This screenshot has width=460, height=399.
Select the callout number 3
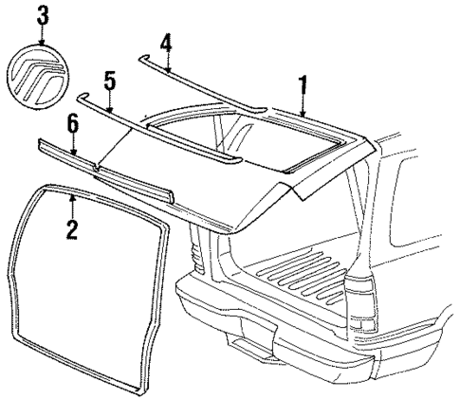pyautogui.click(x=40, y=15)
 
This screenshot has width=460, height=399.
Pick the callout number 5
pyautogui.click(x=110, y=80)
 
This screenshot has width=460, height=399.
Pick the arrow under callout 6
pyautogui.click(x=72, y=141)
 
